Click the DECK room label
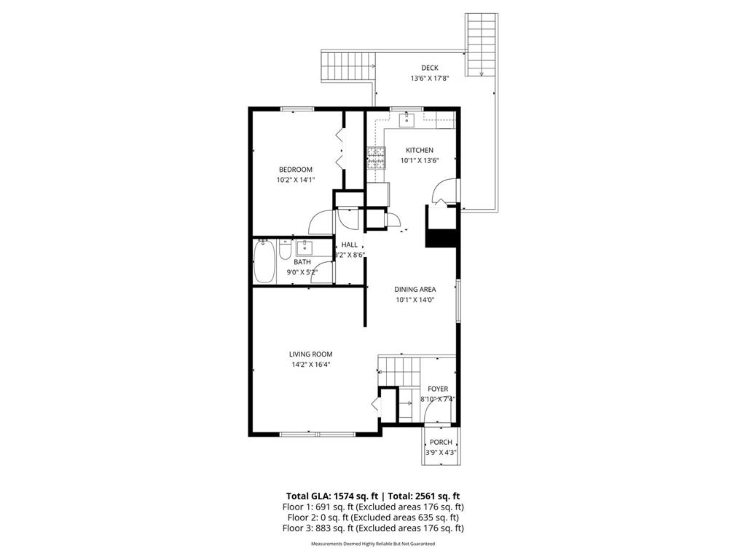click(x=429, y=68)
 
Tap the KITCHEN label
click(x=419, y=150)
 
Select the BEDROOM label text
click(x=295, y=170)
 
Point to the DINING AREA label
click(x=415, y=289)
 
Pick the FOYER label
click(x=437, y=389)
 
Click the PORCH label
click(x=441, y=442)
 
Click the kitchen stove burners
click(x=376, y=158)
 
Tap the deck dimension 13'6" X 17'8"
click(x=429, y=79)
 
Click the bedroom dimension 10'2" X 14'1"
click(x=295, y=180)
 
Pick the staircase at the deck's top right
click(x=481, y=44)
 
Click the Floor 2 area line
click(x=372, y=518)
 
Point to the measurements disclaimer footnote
click(x=372, y=544)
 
